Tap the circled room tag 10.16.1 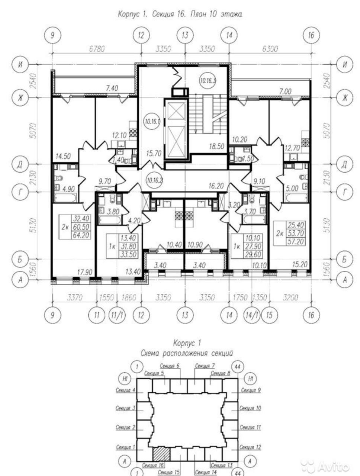(152, 121)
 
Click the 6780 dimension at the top (97, 49)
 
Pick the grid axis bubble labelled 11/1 (117, 315)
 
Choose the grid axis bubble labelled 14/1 (252, 315)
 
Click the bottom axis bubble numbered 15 (269, 315)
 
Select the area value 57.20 (295, 241)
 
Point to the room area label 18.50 (216, 147)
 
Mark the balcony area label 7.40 (112, 88)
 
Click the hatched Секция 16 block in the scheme (161, 454)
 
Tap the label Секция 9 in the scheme (251, 390)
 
